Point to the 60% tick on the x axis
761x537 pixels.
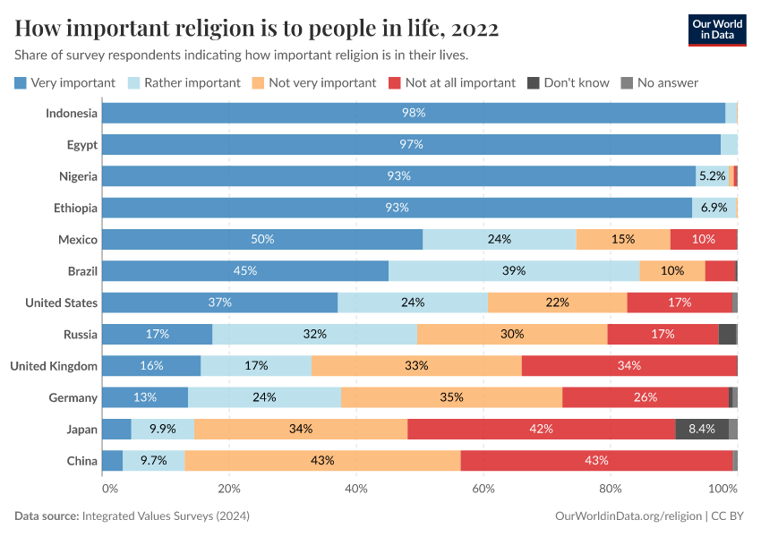point(483,489)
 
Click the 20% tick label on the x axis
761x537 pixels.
point(229,489)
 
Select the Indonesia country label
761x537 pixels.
point(72,113)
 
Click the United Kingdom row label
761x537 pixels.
point(53,365)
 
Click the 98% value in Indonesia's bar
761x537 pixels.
point(413,113)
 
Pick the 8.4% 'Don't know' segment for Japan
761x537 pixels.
point(701,429)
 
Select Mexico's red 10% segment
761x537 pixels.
point(703,239)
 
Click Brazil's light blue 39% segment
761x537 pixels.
point(514,270)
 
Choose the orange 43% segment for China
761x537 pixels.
point(322,460)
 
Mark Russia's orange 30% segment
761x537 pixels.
point(512,334)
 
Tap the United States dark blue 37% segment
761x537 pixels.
point(219,303)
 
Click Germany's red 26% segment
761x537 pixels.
point(645,397)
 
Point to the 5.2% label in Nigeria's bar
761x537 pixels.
point(712,176)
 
